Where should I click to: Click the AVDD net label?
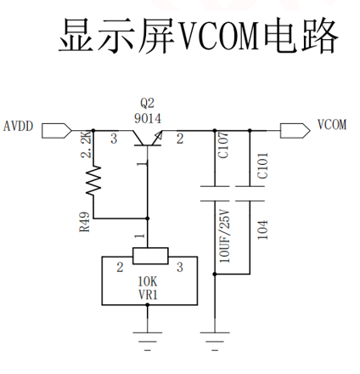[19, 126]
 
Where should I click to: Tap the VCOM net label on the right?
[332, 125]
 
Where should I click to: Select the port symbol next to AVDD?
[57, 131]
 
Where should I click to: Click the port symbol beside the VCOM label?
[295, 131]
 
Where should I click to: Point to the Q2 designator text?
[148, 103]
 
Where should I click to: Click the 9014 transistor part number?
[148, 118]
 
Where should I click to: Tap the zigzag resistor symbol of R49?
[93, 180]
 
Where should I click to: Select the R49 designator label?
[85, 222]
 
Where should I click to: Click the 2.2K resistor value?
[87, 144]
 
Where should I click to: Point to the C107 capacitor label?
[223, 144]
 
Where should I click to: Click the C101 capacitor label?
[262, 166]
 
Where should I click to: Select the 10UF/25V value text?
[225, 236]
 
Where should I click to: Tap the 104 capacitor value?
[262, 229]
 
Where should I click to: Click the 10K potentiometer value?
[148, 281]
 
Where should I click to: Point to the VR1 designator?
[148, 295]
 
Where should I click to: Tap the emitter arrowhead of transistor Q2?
[158, 136]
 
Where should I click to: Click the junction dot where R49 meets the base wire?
[147, 218]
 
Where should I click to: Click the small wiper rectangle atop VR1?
[150, 256]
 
